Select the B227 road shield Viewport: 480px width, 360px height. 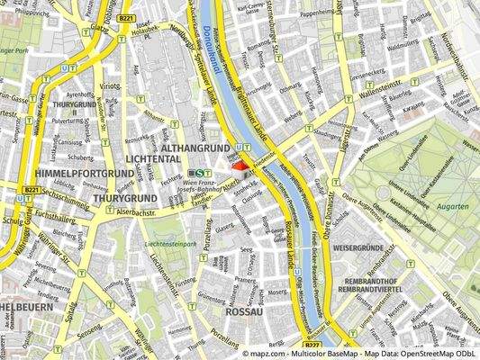pos(312,344)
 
